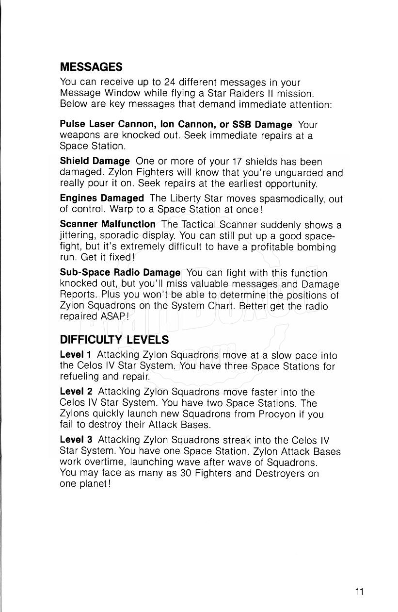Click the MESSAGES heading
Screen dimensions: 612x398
91,66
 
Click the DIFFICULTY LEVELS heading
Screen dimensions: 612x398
114,339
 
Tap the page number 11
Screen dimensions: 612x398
359,591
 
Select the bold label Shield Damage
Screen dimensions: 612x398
95,161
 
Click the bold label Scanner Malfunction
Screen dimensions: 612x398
108,225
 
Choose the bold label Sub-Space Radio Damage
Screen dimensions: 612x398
120,273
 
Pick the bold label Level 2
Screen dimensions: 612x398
76,392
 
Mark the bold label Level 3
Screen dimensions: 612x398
76,440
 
